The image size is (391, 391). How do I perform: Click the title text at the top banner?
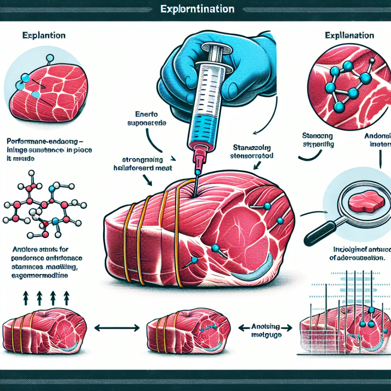[197, 9]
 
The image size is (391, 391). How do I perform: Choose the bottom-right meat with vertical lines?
[342, 332]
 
